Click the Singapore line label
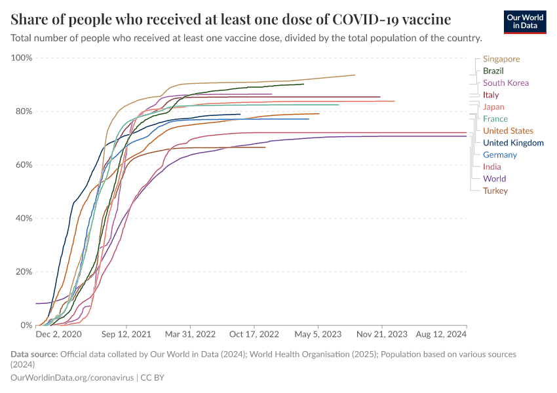pos(501,59)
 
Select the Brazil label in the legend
pos(493,71)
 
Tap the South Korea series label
pos(505,83)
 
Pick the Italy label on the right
pos(491,95)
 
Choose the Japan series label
pos(493,107)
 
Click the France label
pos(495,119)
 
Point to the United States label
pos(508,131)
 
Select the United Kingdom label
pos(513,143)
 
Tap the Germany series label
pos(499,155)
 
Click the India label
pos(491,167)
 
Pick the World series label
pos(494,179)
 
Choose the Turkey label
pos(495,191)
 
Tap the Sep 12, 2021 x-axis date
pos(126,334)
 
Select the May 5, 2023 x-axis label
pos(318,334)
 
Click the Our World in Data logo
pos(525,21)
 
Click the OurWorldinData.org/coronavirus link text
pos(73,378)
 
